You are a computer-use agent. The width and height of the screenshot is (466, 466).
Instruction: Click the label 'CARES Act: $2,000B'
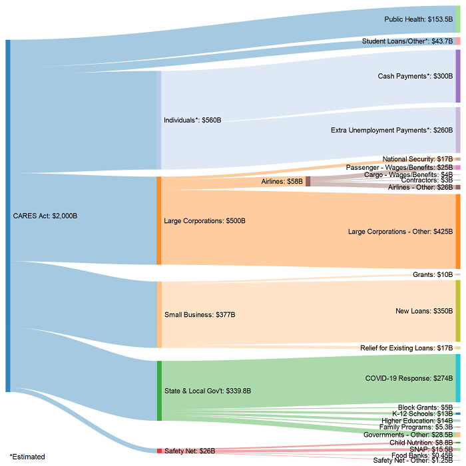point(45,216)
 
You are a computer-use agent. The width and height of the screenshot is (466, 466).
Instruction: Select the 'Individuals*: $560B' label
point(192,120)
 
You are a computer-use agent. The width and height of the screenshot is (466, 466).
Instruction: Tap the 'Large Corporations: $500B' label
point(205,220)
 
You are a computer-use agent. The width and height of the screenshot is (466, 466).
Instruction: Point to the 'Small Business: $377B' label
point(200,314)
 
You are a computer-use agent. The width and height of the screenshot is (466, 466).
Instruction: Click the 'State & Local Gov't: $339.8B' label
point(207,391)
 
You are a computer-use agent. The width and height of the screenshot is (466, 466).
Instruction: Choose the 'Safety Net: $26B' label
point(189,451)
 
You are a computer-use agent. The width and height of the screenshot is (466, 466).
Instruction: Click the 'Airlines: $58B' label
point(282,181)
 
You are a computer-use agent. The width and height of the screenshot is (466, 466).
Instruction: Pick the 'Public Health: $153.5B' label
point(418,20)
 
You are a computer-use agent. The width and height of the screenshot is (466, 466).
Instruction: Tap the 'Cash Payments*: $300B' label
point(415,77)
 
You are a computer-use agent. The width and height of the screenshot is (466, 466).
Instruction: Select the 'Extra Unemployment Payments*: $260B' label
point(391,130)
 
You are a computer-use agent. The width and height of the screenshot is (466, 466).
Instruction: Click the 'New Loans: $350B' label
point(423,311)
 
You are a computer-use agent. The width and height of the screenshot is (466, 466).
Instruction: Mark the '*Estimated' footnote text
point(27,457)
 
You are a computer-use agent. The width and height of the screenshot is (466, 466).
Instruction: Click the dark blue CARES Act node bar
point(8,216)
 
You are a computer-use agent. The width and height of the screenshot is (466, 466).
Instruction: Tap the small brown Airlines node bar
point(308,181)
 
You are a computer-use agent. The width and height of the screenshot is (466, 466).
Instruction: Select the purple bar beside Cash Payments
point(457,77)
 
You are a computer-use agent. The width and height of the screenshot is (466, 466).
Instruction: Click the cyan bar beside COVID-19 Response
point(457,378)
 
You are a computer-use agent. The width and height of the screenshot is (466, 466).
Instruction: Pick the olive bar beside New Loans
point(457,311)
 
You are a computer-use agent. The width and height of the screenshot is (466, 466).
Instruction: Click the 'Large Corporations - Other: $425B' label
point(400,232)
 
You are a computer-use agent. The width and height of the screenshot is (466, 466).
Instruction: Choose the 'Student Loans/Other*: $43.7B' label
point(407,41)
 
